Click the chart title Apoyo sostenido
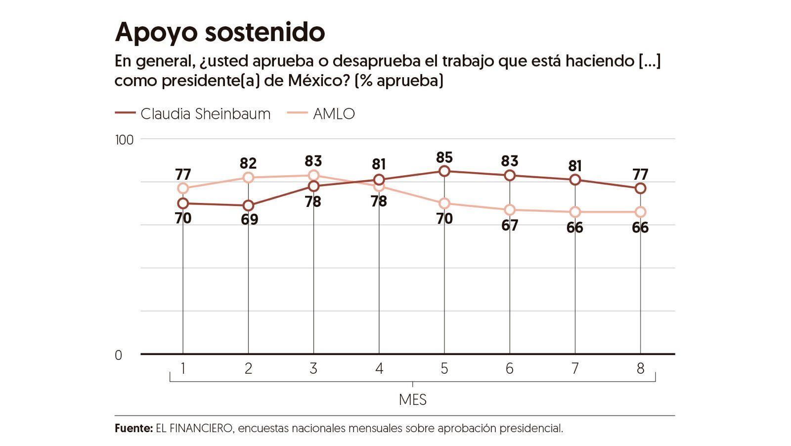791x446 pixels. (x=220, y=32)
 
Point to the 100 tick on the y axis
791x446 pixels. (x=125, y=140)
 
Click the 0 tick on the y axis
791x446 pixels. (x=118, y=355)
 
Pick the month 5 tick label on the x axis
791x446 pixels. (x=444, y=369)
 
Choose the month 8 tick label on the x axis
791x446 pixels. (x=640, y=369)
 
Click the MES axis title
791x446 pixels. (x=412, y=399)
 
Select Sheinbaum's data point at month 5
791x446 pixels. (x=444, y=171)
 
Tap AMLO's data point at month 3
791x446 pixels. (x=313, y=175)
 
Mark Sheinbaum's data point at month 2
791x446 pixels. (x=248, y=205)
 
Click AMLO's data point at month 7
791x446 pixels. (x=575, y=212)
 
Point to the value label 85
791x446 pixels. (x=444, y=157)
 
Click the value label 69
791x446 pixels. (x=249, y=219)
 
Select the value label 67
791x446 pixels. (x=509, y=225)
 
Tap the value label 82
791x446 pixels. (x=248, y=163)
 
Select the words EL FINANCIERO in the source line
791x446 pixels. (x=194, y=428)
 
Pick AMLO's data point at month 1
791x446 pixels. (x=183, y=188)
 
